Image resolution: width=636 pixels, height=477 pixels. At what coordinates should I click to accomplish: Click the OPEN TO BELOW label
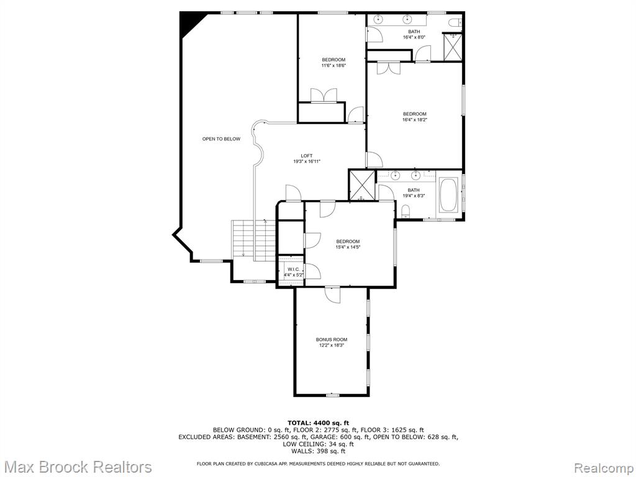coord(221,139)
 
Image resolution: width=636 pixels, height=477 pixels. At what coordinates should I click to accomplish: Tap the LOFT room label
coord(307,156)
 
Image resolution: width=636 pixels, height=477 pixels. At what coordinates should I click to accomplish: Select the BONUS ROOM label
coord(332,340)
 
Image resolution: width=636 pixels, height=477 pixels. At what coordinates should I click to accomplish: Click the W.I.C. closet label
coord(293,270)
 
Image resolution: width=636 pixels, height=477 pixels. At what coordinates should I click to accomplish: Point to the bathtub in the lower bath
coord(448,196)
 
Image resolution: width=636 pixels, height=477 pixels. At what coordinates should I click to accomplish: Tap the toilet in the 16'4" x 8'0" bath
coord(455,23)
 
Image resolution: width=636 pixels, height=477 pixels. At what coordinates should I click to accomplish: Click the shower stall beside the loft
coord(362,185)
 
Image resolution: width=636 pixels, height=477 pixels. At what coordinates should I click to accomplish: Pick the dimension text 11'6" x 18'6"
coord(334,65)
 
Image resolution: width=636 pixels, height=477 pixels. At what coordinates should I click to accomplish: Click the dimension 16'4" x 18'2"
coord(414,120)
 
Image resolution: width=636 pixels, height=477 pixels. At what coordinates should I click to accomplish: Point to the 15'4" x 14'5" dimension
coord(348,247)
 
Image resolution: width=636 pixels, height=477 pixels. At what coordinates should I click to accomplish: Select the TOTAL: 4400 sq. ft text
coord(318,422)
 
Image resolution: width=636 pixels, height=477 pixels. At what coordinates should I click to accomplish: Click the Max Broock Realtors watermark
coord(79,466)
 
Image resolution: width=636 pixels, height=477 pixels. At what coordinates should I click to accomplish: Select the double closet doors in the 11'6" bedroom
coord(324,95)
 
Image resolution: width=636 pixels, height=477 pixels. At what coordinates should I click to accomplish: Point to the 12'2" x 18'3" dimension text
coord(332,345)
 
